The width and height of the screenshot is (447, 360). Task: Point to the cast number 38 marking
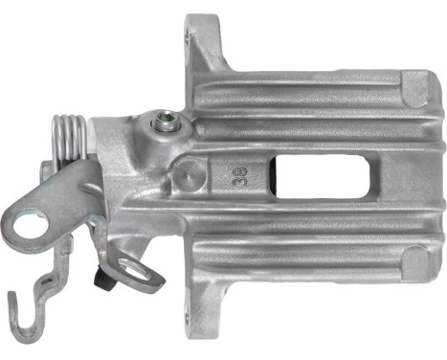click(234, 176)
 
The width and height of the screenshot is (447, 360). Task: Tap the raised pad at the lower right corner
click(413, 260)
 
